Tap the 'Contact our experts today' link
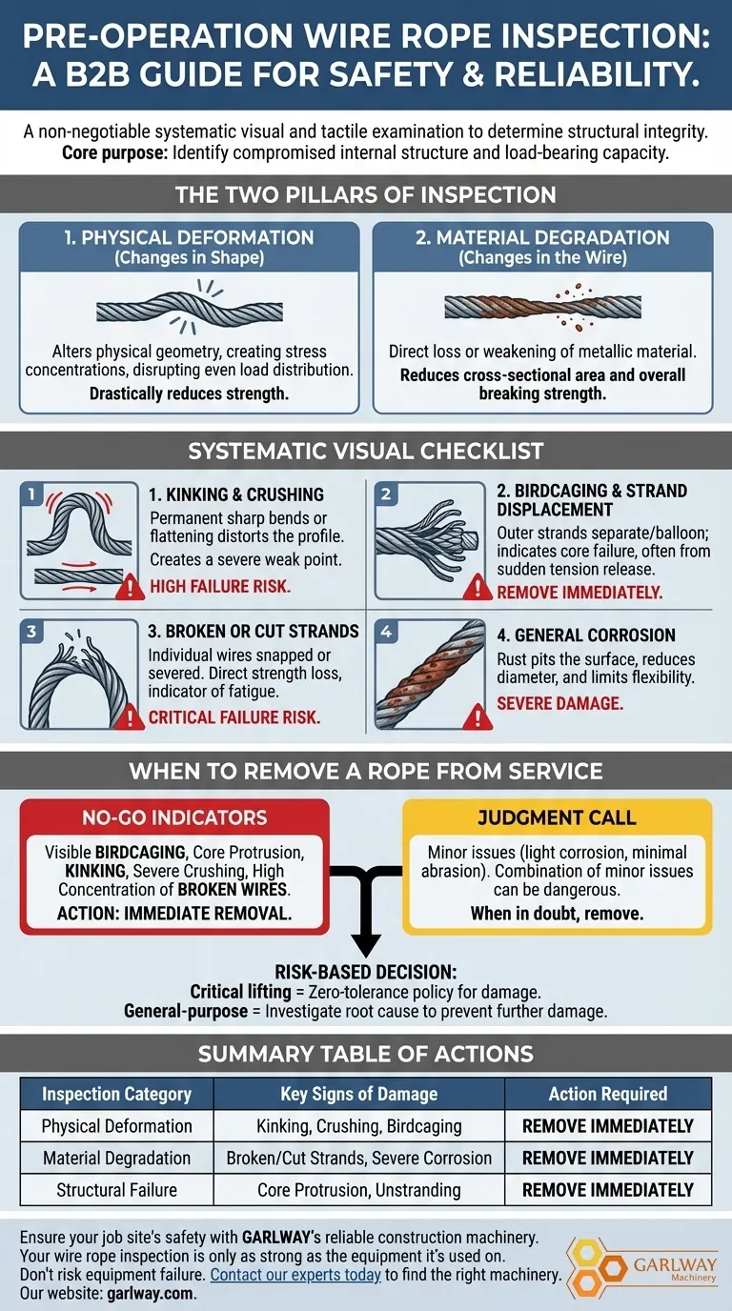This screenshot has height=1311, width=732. click(x=295, y=1275)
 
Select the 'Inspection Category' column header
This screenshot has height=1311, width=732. click(x=116, y=1094)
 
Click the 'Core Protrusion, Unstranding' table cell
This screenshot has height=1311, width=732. click(x=358, y=1190)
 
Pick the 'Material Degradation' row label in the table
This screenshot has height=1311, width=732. click(x=116, y=1159)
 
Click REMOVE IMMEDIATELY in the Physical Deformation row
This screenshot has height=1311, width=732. click(x=607, y=1126)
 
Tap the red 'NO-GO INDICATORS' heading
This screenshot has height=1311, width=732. click(x=174, y=817)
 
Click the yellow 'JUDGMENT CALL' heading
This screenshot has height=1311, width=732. click(x=558, y=817)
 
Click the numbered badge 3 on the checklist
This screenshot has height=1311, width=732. click(x=31, y=630)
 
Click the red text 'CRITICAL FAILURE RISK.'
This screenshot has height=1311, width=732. click(x=234, y=717)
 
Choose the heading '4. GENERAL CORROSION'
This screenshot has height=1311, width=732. click(x=586, y=635)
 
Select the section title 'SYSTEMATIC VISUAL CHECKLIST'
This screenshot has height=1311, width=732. click(x=366, y=451)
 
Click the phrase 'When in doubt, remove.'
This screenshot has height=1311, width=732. click(x=557, y=913)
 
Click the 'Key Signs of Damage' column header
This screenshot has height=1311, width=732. click(x=358, y=1094)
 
